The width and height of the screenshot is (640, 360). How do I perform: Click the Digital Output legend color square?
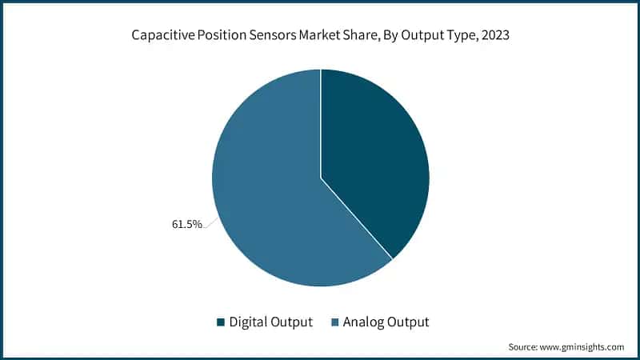click(x=221, y=322)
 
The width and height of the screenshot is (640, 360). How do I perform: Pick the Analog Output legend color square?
click(x=334, y=322)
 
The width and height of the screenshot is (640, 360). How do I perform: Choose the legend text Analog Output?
click(x=386, y=322)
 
